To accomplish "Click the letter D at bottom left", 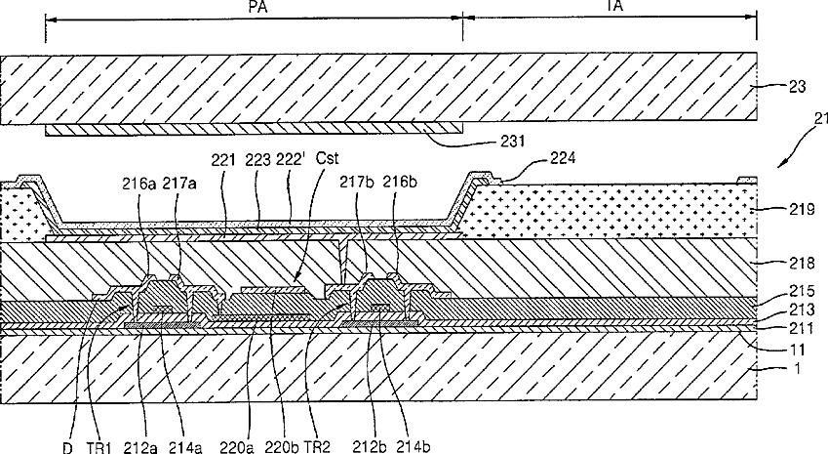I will [x=66, y=447].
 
